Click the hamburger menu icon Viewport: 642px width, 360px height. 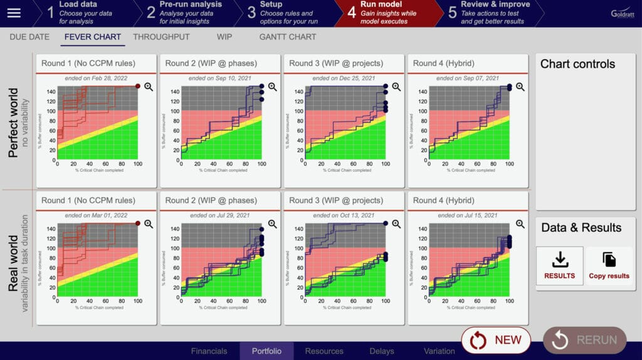point(14,13)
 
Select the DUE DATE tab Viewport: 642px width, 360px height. point(29,37)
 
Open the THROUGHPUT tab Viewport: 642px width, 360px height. point(161,37)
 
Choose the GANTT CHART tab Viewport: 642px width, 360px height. point(288,37)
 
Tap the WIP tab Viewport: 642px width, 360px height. point(224,37)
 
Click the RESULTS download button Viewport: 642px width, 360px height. point(559,266)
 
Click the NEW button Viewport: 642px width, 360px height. point(496,340)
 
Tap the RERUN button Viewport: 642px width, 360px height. point(584,340)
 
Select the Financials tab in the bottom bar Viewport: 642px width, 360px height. point(209,351)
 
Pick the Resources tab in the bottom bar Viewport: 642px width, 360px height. point(324,351)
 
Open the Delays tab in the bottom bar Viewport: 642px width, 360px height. point(382,351)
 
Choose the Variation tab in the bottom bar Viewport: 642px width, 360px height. point(439,351)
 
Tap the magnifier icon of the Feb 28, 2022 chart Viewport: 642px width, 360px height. point(149,87)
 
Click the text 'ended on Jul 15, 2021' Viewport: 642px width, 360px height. point(468,215)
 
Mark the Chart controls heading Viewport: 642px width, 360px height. point(577,64)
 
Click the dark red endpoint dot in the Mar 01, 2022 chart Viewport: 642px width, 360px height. point(138,223)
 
